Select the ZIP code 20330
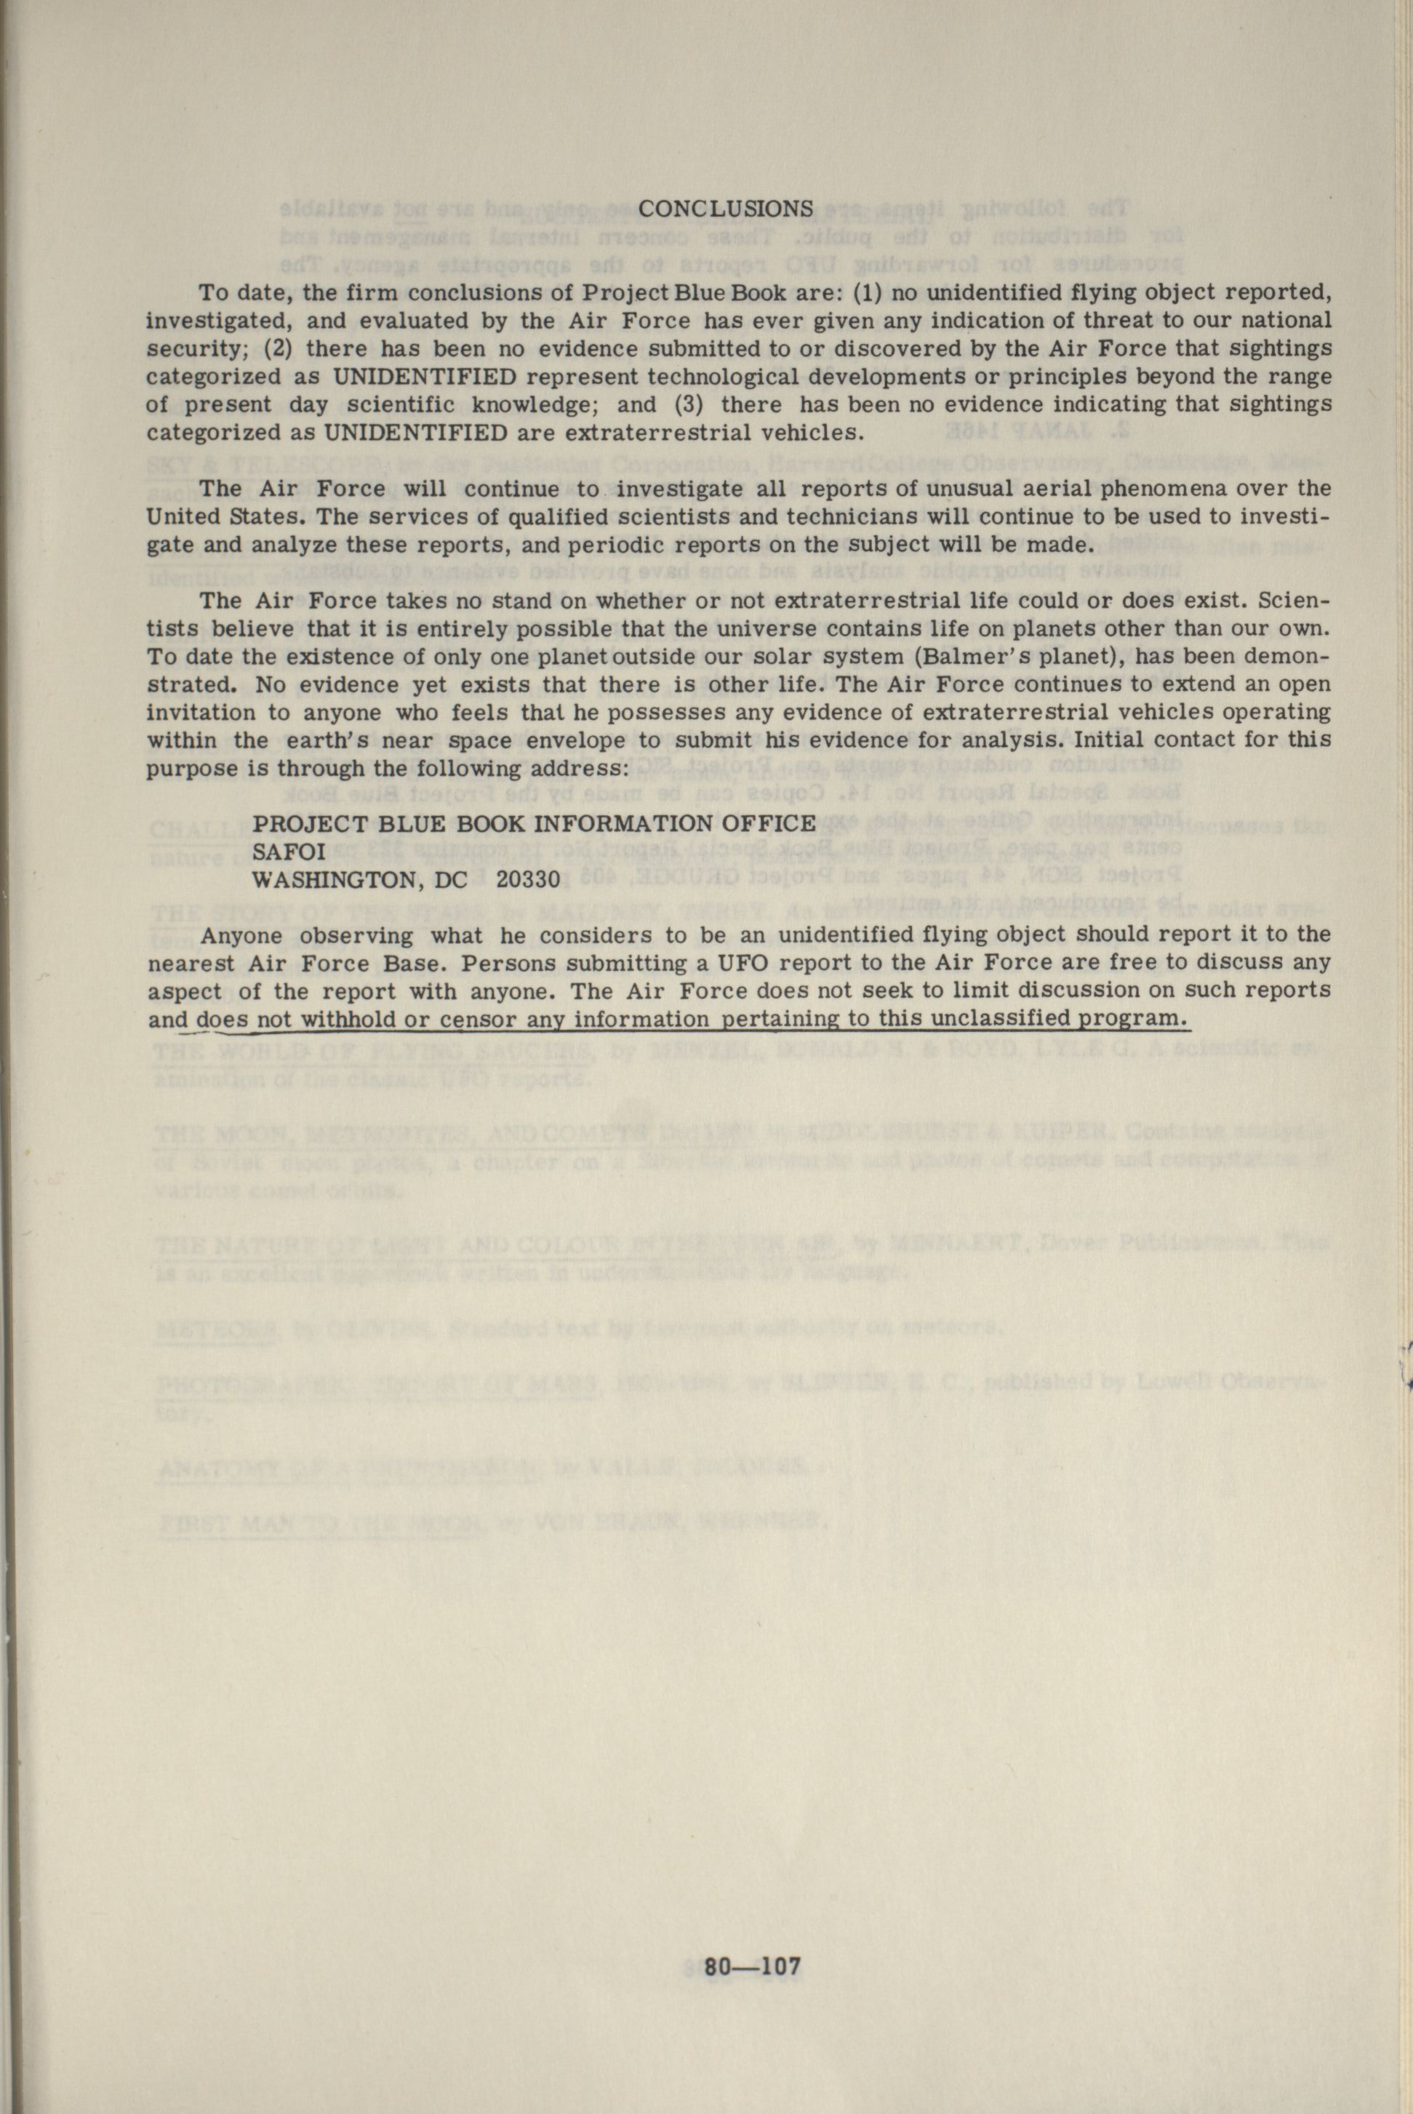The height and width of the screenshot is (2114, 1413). tap(528, 879)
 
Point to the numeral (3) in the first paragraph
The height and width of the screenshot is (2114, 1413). tap(690, 404)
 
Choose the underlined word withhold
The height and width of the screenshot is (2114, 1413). tap(348, 1019)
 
